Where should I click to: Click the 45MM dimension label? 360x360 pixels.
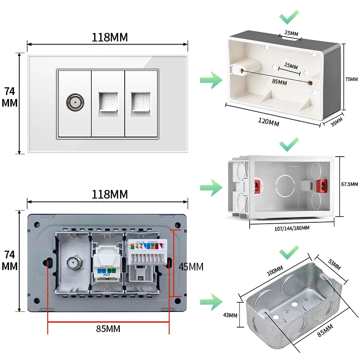point(191,266)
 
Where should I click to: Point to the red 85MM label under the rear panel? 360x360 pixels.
point(108,328)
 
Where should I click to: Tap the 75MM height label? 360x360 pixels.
point(351,79)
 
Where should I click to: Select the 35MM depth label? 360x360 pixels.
point(337,122)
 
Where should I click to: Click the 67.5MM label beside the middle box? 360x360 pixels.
point(350,184)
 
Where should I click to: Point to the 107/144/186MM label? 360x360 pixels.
point(292,228)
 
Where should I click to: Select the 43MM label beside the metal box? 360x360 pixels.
point(230,315)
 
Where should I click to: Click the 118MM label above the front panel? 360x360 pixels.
point(109,37)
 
